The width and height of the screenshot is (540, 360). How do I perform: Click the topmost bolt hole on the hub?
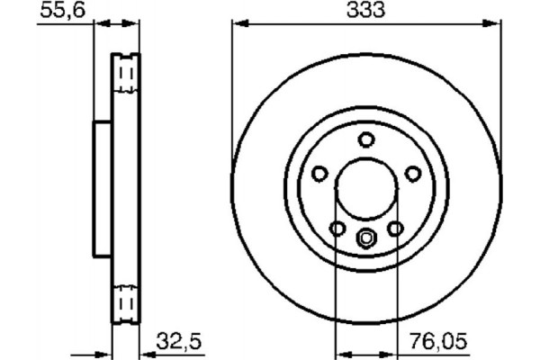(x=366, y=139)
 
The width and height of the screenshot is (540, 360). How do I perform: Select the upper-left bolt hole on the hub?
(x=319, y=174)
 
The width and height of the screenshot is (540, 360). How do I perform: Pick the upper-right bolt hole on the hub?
(x=413, y=174)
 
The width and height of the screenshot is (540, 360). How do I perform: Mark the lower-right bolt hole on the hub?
(x=395, y=229)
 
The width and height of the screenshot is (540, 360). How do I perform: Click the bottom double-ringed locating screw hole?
(x=366, y=238)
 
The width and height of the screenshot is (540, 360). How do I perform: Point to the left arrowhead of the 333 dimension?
(x=238, y=23)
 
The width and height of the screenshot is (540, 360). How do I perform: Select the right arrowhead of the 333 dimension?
(x=495, y=23)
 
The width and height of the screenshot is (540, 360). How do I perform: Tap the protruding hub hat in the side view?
(x=103, y=189)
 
